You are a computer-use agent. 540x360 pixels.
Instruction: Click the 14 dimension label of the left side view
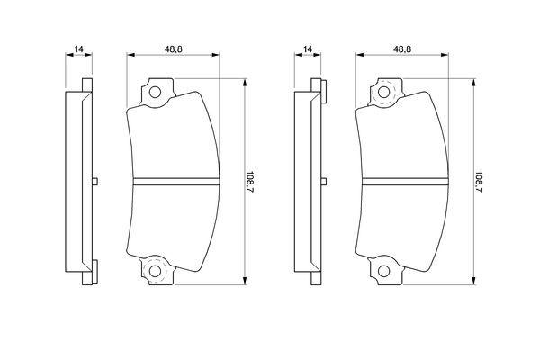tap(79, 49)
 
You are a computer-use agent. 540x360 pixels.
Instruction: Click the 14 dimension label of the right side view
tap(308, 49)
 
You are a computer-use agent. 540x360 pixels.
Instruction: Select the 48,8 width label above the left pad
tap(173, 49)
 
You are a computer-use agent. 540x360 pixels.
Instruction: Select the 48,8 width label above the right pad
tap(402, 49)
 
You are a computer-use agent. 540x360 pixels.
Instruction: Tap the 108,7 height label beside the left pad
tap(249, 182)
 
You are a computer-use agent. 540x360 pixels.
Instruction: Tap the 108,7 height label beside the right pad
tap(479, 182)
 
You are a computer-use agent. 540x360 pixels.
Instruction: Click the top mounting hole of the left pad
tap(155, 93)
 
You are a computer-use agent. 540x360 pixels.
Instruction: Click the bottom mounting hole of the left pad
tap(155, 271)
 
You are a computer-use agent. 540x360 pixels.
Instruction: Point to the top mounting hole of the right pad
tap(384, 93)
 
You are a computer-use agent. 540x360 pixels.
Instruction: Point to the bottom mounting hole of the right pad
tap(384, 271)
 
